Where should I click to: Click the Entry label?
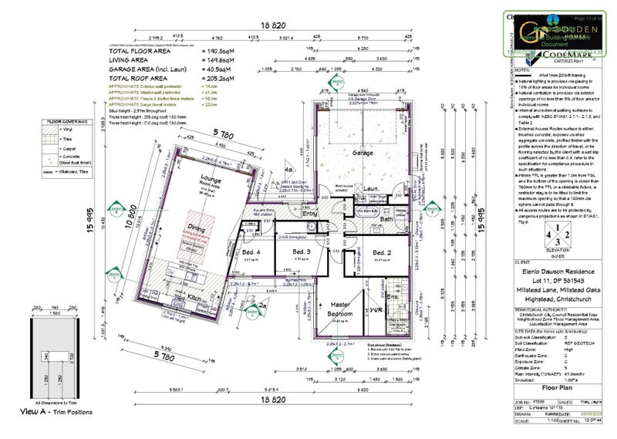(x=309, y=214)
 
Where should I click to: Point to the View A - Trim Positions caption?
(x=56, y=412)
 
